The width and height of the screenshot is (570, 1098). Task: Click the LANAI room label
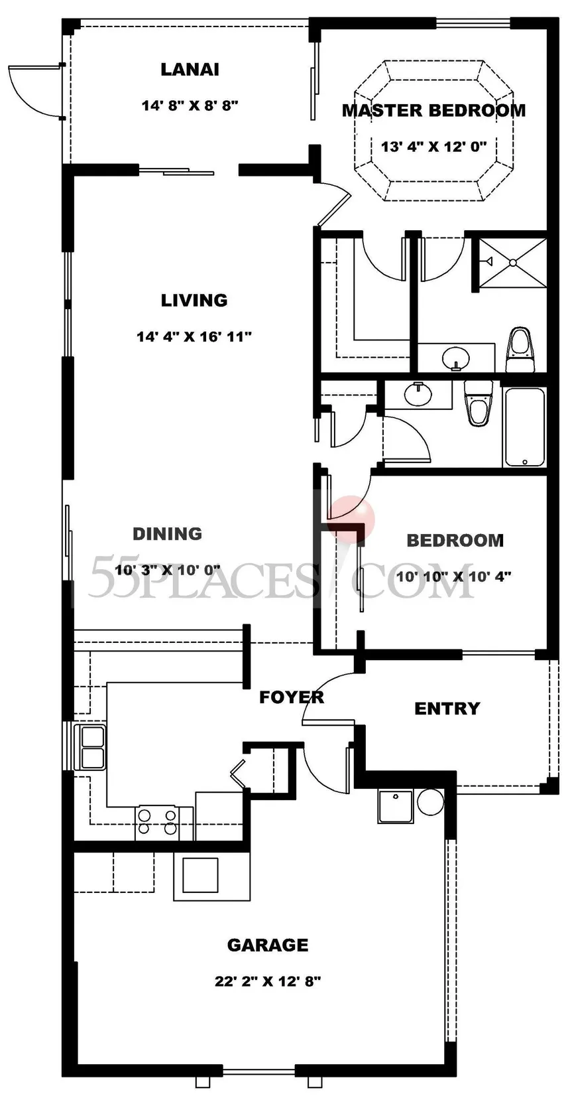coord(190,70)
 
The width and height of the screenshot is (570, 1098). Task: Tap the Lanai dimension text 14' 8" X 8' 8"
coord(190,105)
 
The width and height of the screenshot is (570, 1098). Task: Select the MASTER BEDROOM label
coord(434,110)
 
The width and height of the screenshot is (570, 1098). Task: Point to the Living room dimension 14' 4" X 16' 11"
coord(194,337)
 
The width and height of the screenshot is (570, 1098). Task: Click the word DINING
coord(168,533)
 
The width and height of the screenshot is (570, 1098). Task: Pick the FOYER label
coord(292,697)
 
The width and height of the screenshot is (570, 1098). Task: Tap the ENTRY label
coord(447,709)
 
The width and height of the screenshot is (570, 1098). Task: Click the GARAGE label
coord(268,945)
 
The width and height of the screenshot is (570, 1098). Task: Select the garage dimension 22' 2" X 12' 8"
coord(268,981)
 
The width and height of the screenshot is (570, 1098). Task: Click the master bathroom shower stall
coord(512,262)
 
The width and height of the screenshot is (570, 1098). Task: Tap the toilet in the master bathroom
coord(519,350)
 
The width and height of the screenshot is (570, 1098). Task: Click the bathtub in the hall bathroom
coord(524,427)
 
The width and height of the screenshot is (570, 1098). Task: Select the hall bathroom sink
coord(418,394)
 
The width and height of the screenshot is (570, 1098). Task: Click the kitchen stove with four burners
coord(157,822)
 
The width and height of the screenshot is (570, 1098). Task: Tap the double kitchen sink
coord(90,746)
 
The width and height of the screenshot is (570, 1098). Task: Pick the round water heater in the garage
coord(430,802)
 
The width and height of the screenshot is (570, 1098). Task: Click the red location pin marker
coord(351,519)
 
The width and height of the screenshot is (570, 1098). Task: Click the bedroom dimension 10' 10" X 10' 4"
coord(454,577)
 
